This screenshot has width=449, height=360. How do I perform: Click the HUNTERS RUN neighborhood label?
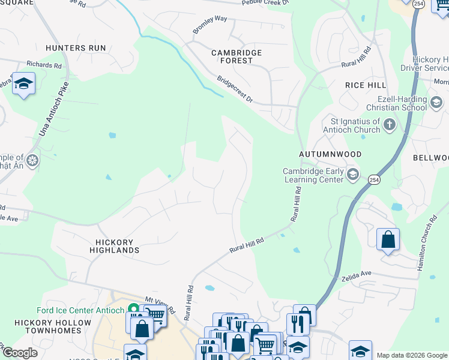pos(76,48)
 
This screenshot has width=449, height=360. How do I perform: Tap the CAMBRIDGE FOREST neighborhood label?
pos(237,58)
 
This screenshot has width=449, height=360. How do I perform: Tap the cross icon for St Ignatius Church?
pos(389,125)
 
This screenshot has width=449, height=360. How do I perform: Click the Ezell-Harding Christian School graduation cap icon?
pos(436,103)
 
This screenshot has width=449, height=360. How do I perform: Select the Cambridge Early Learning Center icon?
pos(354,175)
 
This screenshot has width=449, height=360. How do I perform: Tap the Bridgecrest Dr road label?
pos(235,88)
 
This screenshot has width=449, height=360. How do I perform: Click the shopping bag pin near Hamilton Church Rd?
pos(388,240)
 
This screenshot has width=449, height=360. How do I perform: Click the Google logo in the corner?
pos(20,353)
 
